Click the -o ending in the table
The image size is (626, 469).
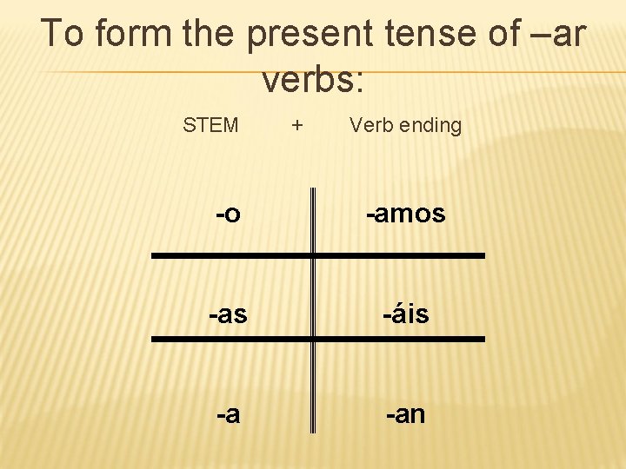(x=228, y=214)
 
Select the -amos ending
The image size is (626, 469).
(x=405, y=214)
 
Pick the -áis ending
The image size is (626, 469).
(x=406, y=314)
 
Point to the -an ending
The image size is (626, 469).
(x=406, y=414)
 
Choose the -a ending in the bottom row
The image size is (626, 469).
(x=228, y=414)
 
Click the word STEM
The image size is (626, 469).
(x=210, y=125)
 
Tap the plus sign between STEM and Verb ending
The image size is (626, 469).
(x=297, y=125)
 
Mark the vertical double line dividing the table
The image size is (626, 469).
(x=313, y=330)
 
